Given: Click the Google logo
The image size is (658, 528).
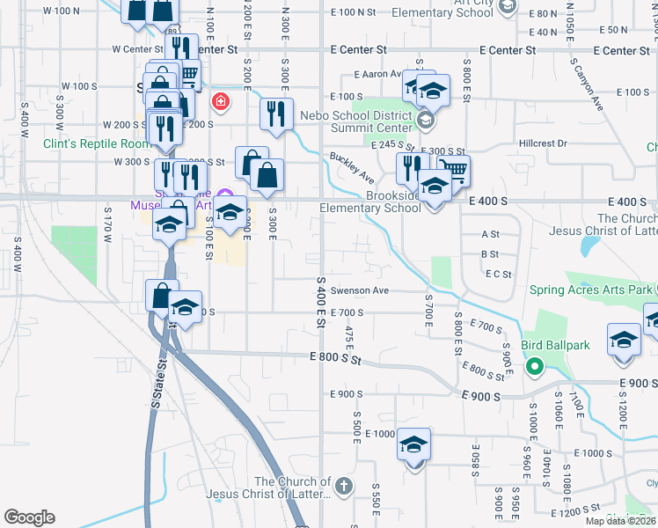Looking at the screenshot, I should (x=29, y=517).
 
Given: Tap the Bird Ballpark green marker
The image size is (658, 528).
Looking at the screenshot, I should (x=532, y=366).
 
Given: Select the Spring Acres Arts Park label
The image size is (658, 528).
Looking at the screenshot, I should (x=590, y=290).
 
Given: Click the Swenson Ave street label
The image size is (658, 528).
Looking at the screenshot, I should (x=359, y=290).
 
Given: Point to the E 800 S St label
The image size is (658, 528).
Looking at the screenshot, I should (x=335, y=358).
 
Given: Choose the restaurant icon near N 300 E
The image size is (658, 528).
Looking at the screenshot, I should (x=277, y=114).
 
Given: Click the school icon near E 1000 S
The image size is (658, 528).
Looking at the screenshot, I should (x=413, y=445).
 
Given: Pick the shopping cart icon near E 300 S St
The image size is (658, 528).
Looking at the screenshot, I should (x=453, y=169).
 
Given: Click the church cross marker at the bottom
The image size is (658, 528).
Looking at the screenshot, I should (x=344, y=485).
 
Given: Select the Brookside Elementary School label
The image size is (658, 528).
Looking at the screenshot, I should (x=369, y=202).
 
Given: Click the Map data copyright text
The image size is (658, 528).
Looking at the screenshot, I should (x=620, y=521).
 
